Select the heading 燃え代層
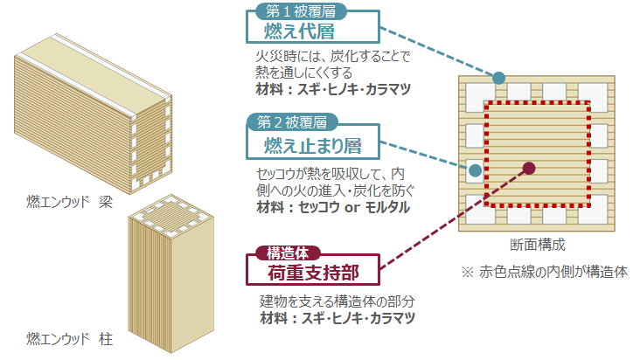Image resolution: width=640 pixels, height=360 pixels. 300,32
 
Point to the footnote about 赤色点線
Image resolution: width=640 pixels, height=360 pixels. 546,272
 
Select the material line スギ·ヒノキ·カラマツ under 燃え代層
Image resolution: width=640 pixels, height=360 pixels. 328,89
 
